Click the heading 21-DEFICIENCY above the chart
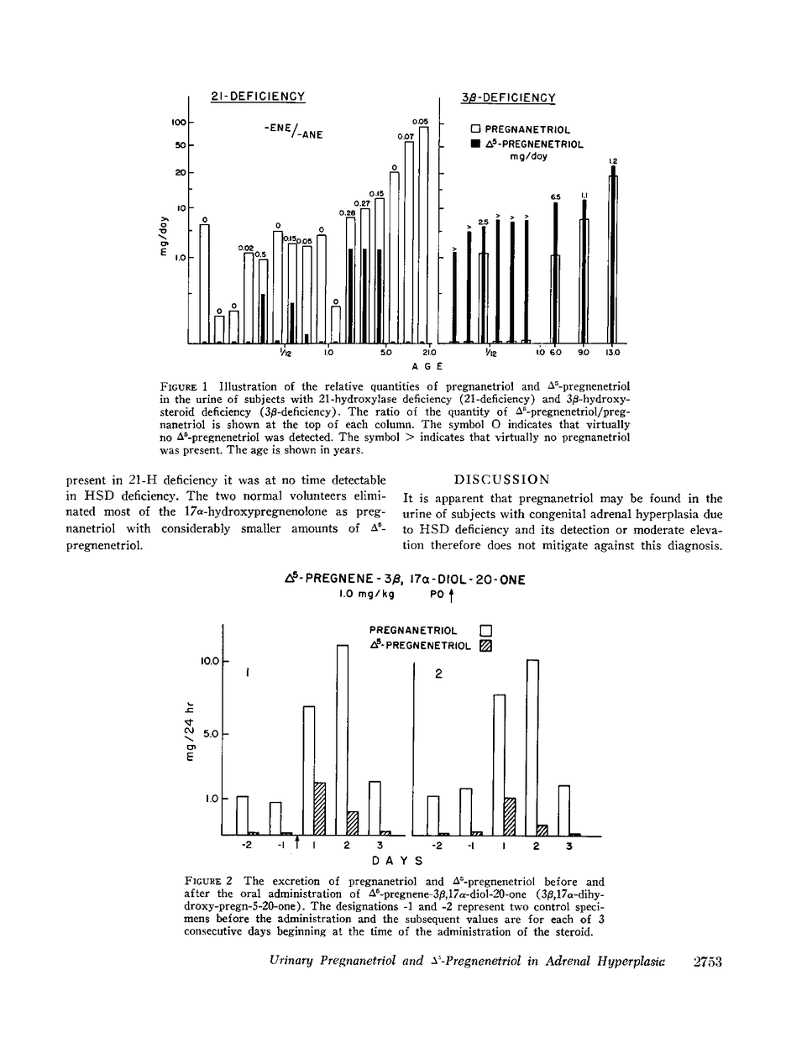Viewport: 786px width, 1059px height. [x=257, y=97]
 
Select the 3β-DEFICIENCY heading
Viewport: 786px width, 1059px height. [x=509, y=98]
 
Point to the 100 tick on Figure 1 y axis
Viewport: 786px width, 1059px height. [x=178, y=123]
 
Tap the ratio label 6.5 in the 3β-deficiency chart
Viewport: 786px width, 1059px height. [x=555, y=197]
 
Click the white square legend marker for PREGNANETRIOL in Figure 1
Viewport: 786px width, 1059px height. [x=475, y=130]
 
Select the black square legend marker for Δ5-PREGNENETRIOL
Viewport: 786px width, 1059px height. [x=475, y=144]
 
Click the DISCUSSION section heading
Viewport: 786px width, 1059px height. [x=501, y=480]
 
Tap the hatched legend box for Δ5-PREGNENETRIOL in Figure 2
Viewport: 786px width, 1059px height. [x=485, y=645]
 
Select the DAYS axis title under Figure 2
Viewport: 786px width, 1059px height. [x=396, y=861]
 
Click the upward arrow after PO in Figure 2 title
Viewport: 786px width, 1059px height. [x=451, y=597]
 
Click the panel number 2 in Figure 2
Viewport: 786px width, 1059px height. [x=438, y=673]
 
